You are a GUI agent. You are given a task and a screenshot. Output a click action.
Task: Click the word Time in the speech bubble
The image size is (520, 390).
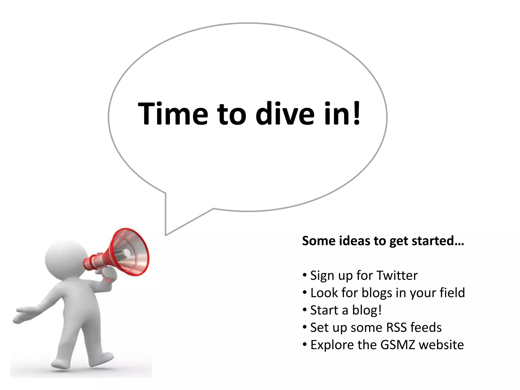point(173,113)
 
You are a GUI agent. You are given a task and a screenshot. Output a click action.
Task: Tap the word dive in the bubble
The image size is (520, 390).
point(285,113)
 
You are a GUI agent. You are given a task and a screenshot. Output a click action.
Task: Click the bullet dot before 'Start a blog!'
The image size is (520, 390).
point(305,310)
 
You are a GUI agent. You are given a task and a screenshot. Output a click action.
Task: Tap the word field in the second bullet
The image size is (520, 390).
point(452,293)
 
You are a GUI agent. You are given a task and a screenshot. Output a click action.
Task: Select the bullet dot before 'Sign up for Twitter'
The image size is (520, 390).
point(305,275)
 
